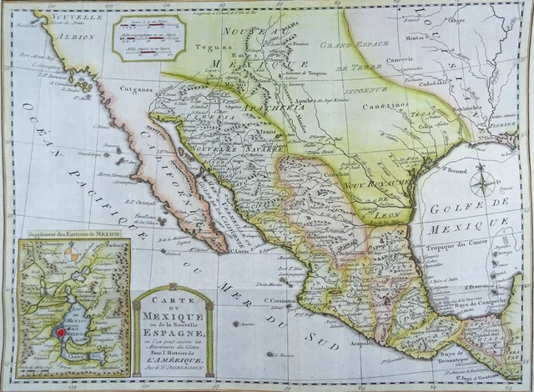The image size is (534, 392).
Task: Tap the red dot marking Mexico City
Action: point(60,333)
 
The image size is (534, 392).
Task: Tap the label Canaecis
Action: point(423,60)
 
